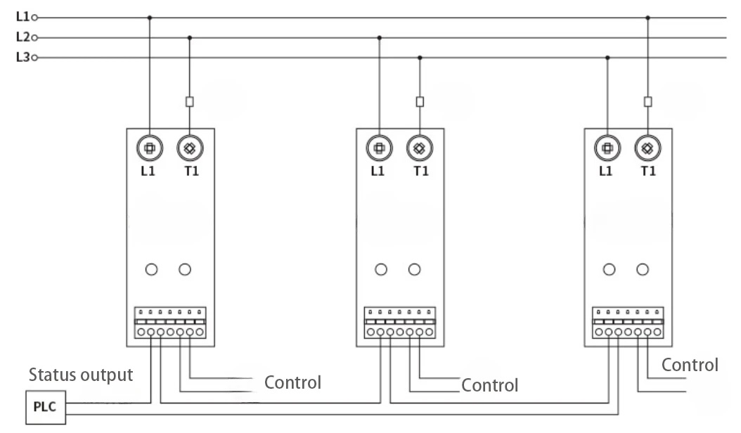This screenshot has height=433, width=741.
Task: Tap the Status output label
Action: click(x=81, y=375)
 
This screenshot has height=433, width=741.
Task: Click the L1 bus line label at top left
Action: click(x=22, y=17)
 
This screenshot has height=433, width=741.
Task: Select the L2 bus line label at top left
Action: click(x=22, y=37)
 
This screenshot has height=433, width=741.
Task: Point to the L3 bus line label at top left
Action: click(x=22, y=58)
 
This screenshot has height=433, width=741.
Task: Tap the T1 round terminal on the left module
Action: click(x=189, y=148)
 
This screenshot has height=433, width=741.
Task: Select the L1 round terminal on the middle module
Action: click(x=380, y=148)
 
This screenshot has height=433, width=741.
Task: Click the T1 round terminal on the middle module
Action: click(x=420, y=148)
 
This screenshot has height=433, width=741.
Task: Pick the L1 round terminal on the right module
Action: click(x=608, y=148)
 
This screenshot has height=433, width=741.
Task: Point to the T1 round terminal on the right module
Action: click(x=647, y=148)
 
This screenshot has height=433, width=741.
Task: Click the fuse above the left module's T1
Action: click(x=189, y=101)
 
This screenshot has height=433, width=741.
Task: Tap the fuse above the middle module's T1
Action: click(x=420, y=101)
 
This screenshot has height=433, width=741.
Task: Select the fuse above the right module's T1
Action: click(x=647, y=101)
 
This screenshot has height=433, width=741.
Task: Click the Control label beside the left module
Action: click(x=292, y=383)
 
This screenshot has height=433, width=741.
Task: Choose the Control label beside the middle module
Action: click(x=490, y=385)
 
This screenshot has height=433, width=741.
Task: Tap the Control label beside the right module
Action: click(x=690, y=365)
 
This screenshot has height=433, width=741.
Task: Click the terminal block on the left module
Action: click(x=171, y=323)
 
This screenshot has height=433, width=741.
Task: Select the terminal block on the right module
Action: click(x=628, y=323)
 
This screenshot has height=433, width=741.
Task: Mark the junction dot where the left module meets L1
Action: click(x=150, y=18)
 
